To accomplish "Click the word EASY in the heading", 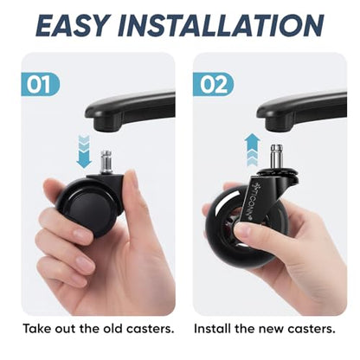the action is pos(74,25).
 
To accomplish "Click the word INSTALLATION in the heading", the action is pos(221,25).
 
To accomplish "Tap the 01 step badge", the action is pos(41,85).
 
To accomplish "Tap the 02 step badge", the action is pos(214,85).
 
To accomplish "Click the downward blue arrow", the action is pos(84,151).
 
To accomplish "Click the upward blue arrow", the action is pos(252,150).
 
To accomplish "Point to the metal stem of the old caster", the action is pos(106,162).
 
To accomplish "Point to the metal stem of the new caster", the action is pos(276,157).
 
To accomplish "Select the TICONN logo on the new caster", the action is pos(250,199).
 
